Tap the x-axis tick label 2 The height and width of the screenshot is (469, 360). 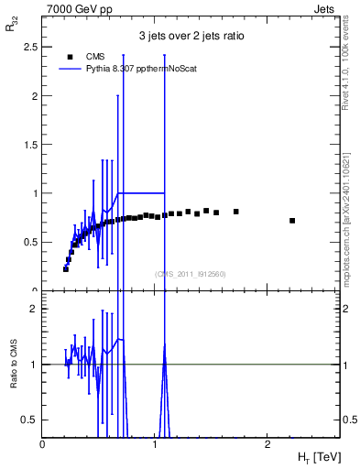click(267, 443)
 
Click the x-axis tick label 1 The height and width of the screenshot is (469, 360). click(155, 443)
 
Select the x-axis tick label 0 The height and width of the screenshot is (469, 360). click(42, 443)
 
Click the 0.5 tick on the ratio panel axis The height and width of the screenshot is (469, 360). click(29, 420)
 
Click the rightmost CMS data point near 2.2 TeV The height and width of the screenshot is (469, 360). click(292, 221)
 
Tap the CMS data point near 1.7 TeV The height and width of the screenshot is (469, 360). click(236, 212)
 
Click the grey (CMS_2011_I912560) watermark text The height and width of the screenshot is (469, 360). click(191, 273)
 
